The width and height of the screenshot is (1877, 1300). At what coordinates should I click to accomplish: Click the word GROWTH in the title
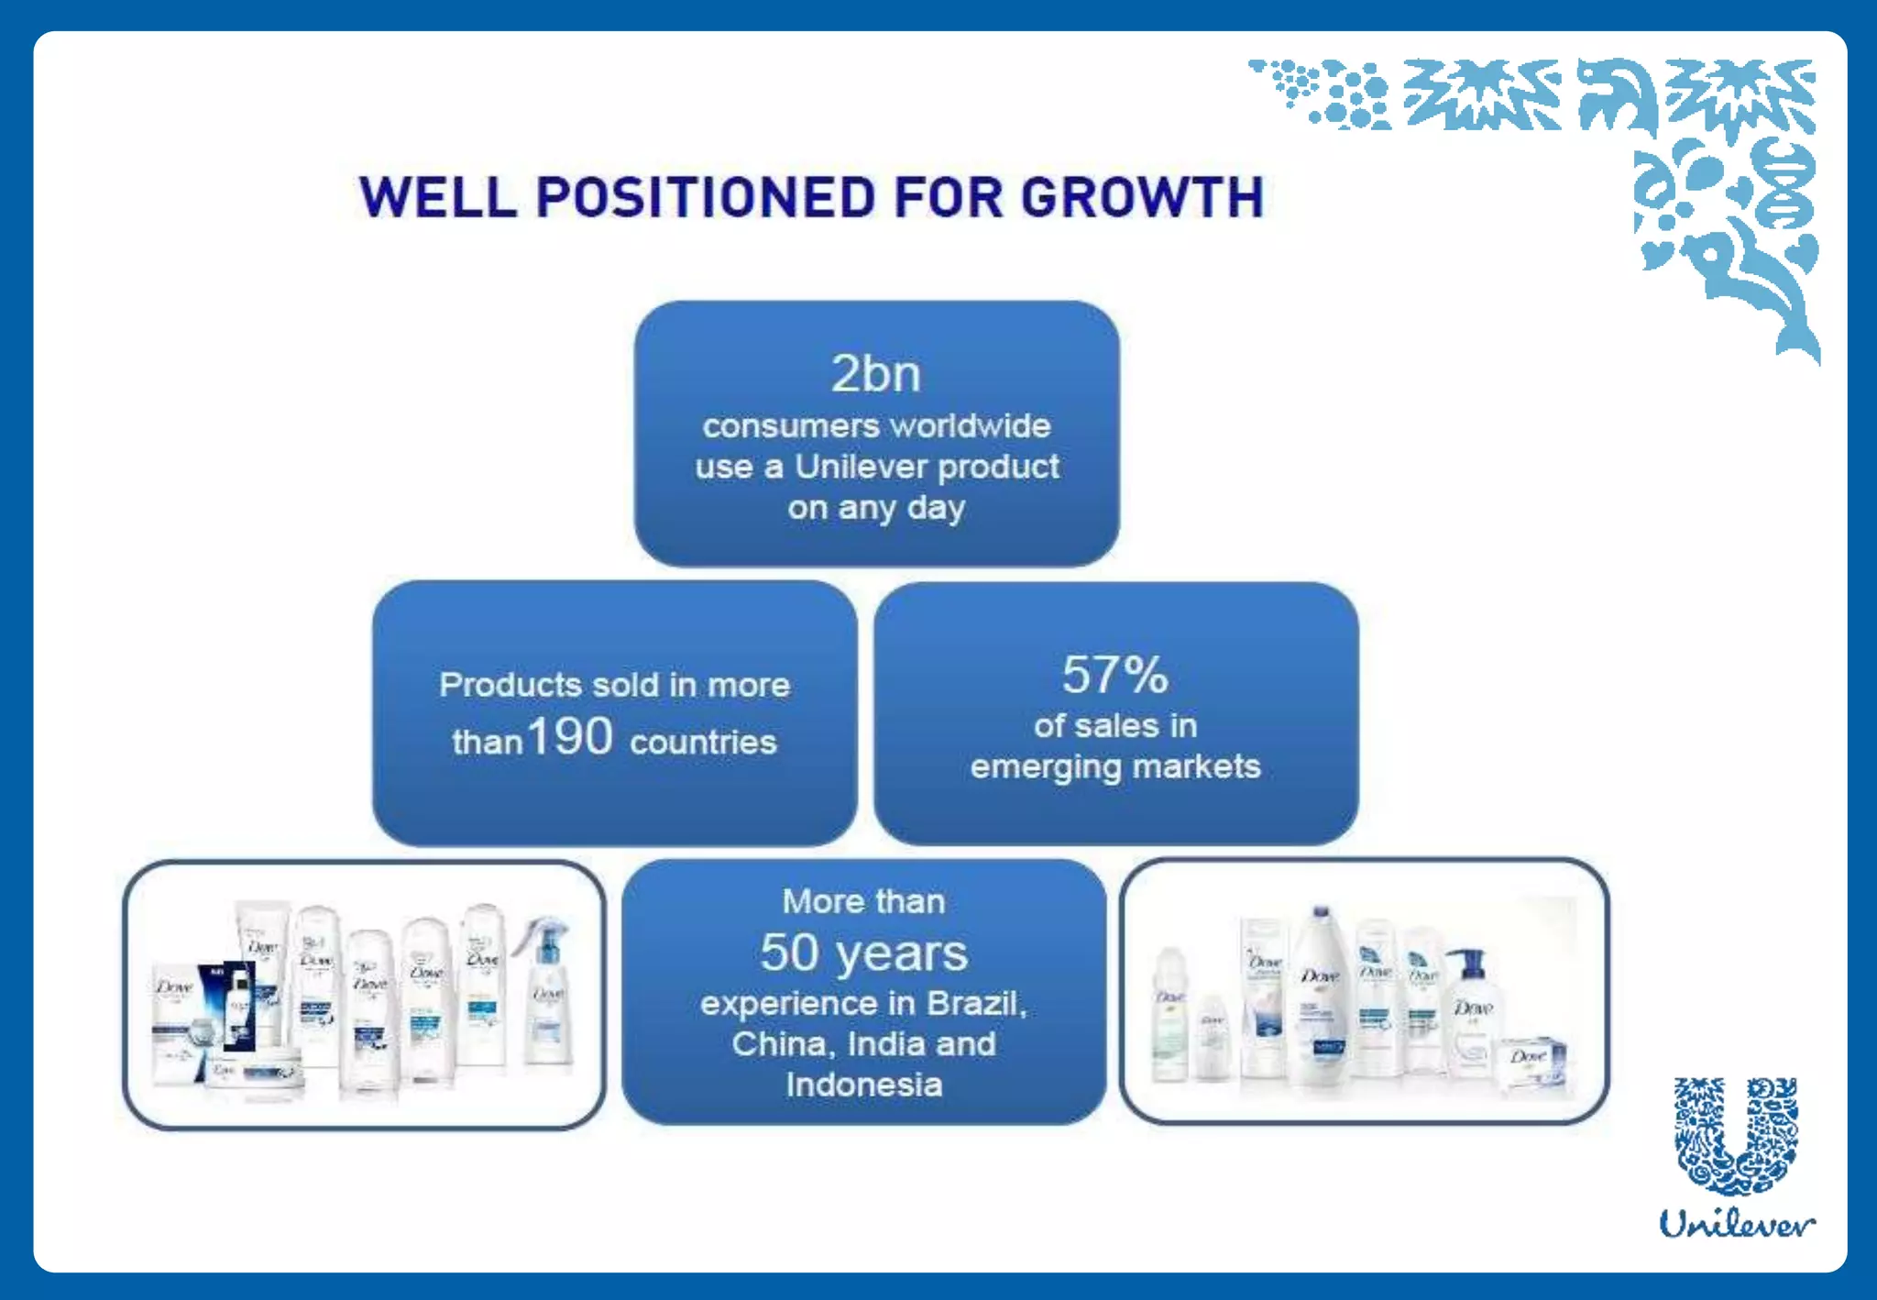(x=1142, y=198)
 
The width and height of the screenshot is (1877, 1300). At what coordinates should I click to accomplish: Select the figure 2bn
(x=875, y=374)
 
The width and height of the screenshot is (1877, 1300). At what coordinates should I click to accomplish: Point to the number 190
(x=570, y=736)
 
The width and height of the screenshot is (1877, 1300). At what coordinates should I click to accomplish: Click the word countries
(x=703, y=743)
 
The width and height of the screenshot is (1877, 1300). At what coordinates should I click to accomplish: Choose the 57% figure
(x=1114, y=676)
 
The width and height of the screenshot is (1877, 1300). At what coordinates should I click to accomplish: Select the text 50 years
(x=863, y=953)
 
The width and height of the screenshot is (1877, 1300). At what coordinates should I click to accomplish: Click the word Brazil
(x=974, y=1003)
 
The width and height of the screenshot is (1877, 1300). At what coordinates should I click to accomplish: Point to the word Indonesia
(x=863, y=1085)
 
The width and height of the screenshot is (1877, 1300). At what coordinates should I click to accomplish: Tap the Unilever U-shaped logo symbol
(x=1736, y=1137)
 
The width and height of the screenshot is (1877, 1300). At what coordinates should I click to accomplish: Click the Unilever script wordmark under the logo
(x=1736, y=1225)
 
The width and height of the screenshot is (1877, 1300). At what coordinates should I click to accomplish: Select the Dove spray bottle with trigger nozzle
(x=546, y=990)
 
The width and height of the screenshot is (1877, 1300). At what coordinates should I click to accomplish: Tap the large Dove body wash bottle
(x=1320, y=999)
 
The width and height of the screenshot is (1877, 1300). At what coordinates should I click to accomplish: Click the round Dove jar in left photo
(x=252, y=1073)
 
